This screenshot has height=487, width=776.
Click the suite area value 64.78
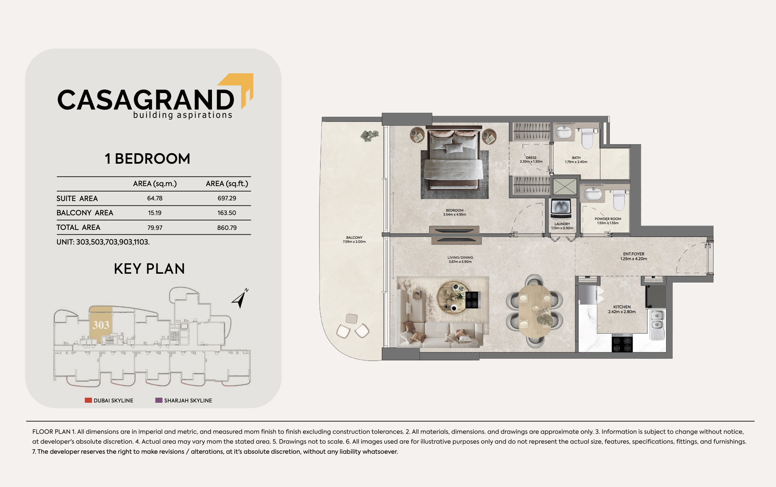(155, 198)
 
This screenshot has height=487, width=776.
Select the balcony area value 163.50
(227, 213)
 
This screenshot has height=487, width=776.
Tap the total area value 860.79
(227, 228)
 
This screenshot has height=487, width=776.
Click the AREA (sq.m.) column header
(155, 184)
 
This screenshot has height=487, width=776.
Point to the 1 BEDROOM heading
(148, 159)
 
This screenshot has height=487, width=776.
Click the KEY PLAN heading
(149, 269)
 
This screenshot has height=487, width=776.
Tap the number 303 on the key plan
(101, 325)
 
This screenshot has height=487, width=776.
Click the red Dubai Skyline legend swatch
(88, 400)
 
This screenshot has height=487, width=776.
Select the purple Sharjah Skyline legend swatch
(159, 400)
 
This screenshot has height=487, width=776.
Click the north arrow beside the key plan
(240, 298)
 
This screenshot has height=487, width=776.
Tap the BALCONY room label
(354, 238)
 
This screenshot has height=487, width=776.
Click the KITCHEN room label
(622, 307)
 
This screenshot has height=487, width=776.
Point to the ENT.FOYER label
(634, 254)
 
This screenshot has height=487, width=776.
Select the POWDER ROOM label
(608, 219)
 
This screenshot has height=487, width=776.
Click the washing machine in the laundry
(561, 208)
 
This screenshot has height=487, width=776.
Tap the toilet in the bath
(587, 138)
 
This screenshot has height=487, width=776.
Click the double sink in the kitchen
(657, 324)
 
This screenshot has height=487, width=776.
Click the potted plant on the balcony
(369, 136)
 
